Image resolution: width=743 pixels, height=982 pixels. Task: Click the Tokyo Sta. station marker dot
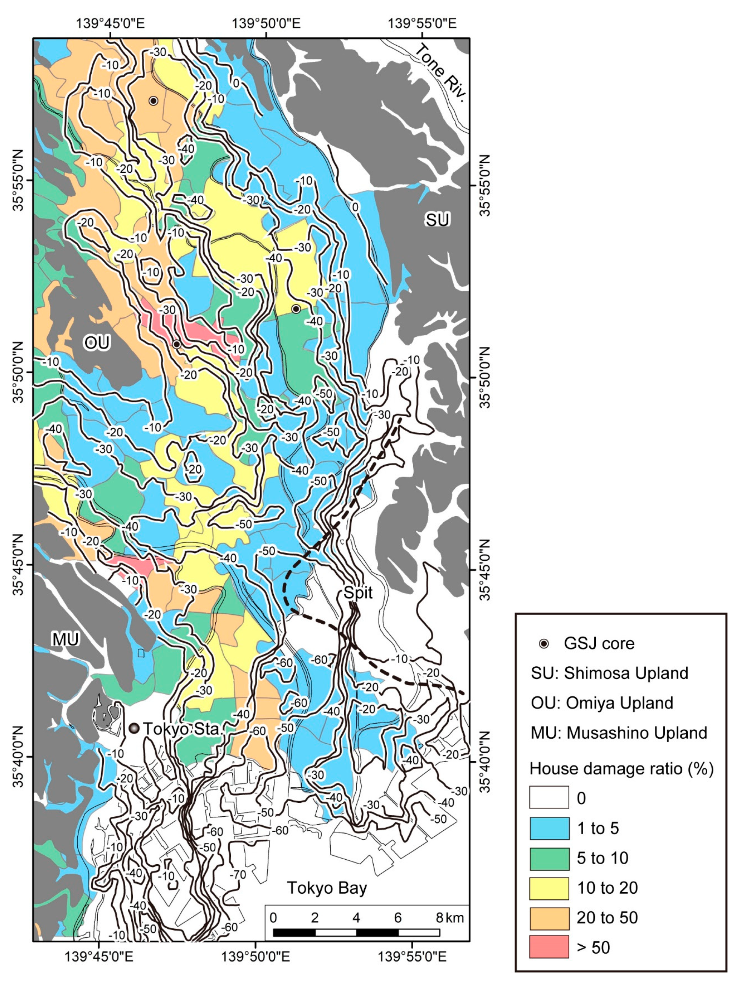[134, 728]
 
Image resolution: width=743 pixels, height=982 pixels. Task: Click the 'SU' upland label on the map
[437, 220]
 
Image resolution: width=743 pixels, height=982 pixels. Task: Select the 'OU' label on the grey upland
[97, 342]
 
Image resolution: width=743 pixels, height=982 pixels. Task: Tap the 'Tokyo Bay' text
[327, 887]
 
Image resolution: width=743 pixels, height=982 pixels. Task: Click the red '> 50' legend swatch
[549, 947]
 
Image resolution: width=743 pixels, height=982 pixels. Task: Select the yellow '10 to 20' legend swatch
[549, 887]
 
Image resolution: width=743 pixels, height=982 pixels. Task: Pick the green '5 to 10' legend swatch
[549, 858]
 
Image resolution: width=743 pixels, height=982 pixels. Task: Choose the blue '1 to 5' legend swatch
[549, 828]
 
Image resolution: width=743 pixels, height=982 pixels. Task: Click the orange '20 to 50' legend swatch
[549, 917]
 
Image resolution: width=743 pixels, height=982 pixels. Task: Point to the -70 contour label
[238, 875]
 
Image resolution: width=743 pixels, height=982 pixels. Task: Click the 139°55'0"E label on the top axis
[422, 23]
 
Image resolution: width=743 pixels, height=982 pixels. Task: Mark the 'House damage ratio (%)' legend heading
[621, 768]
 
